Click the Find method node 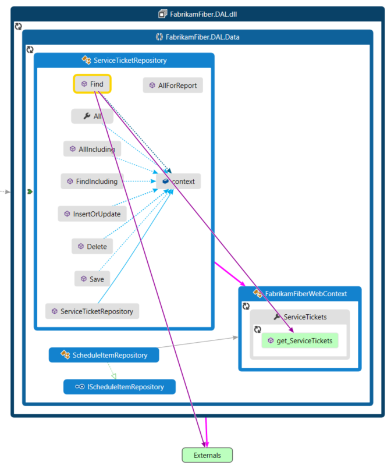pyautogui.click(x=93, y=84)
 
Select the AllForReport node pyautogui.click(x=173, y=86)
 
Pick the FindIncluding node pyautogui.click(x=92, y=181)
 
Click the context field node pyautogui.click(x=179, y=181)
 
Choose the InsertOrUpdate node pyautogui.click(x=92, y=214)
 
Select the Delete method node pyautogui.click(x=92, y=246)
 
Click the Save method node pyautogui.click(x=92, y=279)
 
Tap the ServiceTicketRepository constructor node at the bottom pyautogui.click(x=92, y=311)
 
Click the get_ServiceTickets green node pyautogui.click(x=300, y=340)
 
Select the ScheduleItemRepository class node pyautogui.click(x=104, y=355)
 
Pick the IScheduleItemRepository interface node pyautogui.click(x=119, y=386)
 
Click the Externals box pyautogui.click(x=207, y=455)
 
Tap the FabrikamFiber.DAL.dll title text pyautogui.click(x=201, y=13)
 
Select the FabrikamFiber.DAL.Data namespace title pyautogui.click(x=202, y=37)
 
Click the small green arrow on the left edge pyautogui.click(x=30, y=191)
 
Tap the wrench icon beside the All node pyautogui.click(x=87, y=116)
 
